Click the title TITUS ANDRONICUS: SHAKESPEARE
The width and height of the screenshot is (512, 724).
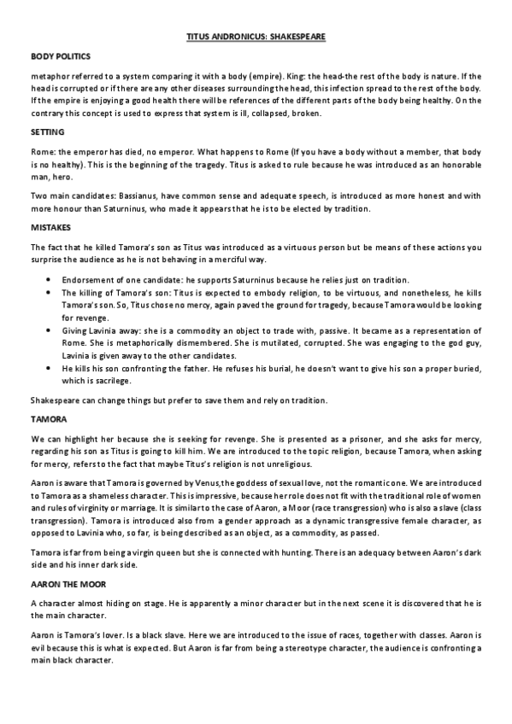(x=256, y=38)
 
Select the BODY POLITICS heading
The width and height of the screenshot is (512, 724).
(x=56, y=55)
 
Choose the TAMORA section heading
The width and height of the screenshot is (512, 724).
(x=46, y=418)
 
